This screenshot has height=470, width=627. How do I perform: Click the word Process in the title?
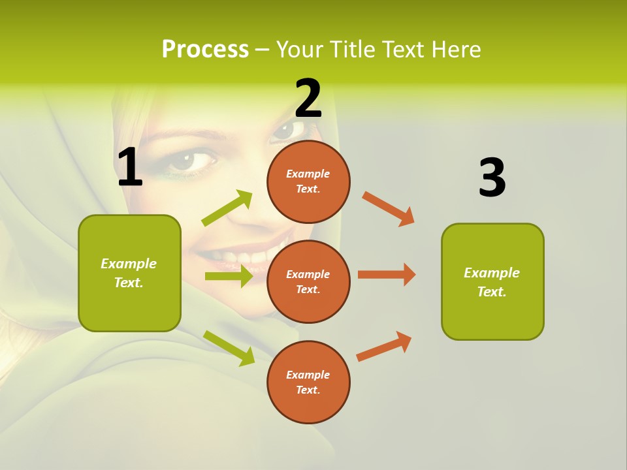pyautogui.click(x=205, y=49)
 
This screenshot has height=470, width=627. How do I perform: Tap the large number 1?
pyautogui.click(x=130, y=168)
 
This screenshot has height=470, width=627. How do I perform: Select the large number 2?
pyautogui.click(x=308, y=99)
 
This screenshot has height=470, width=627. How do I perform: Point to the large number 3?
pyautogui.click(x=492, y=178)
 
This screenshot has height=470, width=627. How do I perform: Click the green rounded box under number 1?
pyautogui.click(x=129, y=273)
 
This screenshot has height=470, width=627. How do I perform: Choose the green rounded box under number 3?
pyautogui.click(x=492, y=281)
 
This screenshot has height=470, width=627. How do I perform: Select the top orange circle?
pyautogui.click(x=308, y=181)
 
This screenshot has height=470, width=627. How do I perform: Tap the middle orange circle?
pyautogui.click(x=308, y=281)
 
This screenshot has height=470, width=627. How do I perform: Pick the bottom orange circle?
pyautogui.click(x=308, y=382)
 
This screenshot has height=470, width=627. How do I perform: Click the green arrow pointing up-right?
pyautogui.click(x=227, y=208)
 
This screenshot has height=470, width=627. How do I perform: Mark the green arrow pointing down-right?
pyautogui.click(x=229, y=347)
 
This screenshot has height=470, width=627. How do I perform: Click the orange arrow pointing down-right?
pyautogui.click(x=389, y=209)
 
